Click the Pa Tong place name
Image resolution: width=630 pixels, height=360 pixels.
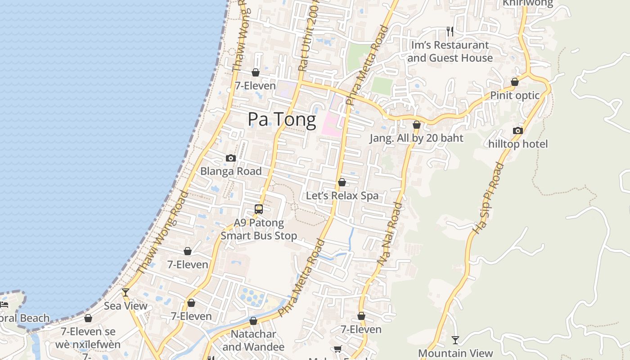pos(282,120)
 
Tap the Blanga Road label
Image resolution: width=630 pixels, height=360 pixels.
pos(231,171)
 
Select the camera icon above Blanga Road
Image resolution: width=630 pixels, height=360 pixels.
pos(231,158)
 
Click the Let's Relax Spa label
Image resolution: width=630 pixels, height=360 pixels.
pos(342,196)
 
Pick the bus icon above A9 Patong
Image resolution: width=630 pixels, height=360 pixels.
pos(259,209)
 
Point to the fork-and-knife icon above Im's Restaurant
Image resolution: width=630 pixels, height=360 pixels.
pos(450,31)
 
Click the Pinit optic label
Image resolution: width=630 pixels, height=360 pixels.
pos(515,95)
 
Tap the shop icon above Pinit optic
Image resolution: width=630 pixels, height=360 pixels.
pos(515,82)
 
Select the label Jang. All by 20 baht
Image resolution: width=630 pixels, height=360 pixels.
pos(416,138)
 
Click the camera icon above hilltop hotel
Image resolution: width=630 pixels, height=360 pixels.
pos(518,130)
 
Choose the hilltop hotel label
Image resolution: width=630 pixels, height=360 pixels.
pos(518,144)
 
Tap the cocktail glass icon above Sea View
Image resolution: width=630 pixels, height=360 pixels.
pos(126,292)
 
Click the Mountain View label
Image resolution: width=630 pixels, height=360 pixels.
pos(455,353)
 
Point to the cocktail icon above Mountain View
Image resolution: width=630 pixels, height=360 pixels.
pos(455,340)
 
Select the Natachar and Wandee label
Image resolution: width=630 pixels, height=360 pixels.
pos(253,341)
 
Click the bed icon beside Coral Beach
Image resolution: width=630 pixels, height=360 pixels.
pos(4,305)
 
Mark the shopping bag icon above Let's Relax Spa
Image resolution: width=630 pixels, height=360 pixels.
pos(342,182)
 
